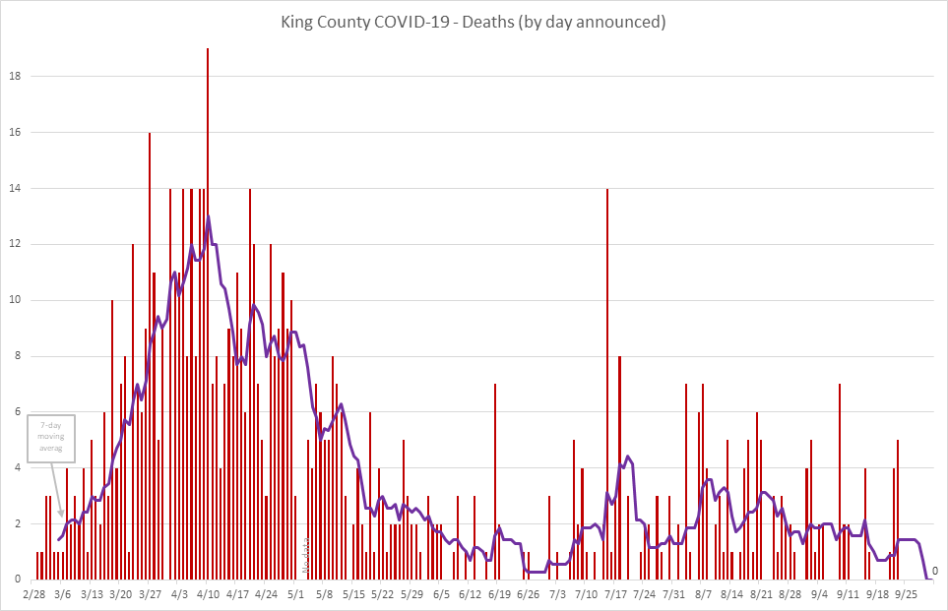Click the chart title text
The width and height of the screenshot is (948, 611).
(474, 23)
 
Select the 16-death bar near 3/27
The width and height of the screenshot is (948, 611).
(150, 354)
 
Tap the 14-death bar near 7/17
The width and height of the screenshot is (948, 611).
(607, 384)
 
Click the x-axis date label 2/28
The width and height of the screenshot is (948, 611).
(34, 594)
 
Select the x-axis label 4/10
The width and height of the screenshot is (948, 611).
(208, 594)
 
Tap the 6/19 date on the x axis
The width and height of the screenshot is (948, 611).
(499, 594)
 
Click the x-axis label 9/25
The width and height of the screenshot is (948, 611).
(907, 594)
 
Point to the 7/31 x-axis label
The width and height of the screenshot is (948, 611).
(673, 594)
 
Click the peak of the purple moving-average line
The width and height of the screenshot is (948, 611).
(208, 216)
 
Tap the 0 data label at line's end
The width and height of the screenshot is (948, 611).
(935, 571)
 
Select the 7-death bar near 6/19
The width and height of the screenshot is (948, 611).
(495, 482)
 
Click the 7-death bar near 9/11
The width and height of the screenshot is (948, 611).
(840, 482)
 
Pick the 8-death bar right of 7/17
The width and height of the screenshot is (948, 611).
(619, 467)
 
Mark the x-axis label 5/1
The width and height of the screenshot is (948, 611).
(296, 594)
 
